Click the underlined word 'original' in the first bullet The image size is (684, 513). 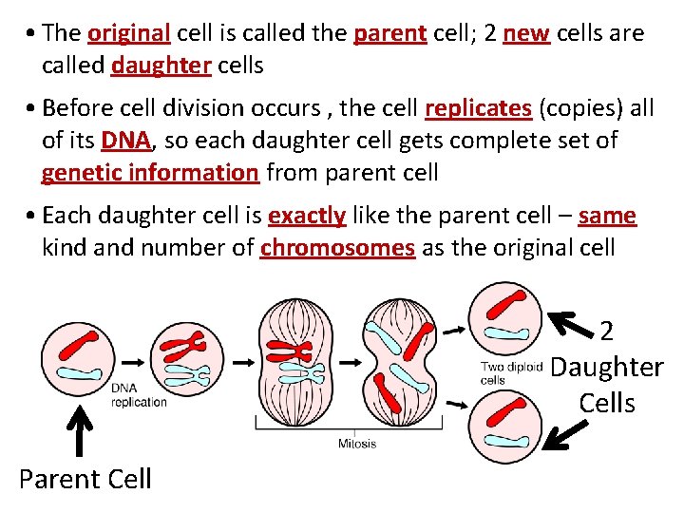[128, 33]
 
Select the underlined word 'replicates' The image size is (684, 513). [478, 108]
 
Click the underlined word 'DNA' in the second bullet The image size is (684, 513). [123, 141]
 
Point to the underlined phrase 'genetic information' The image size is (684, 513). [150, 173]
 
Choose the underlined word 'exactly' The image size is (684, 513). [307, 216]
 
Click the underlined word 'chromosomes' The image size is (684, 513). [337, 248]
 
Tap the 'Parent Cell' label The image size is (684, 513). [85, 478]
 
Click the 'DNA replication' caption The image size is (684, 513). [139, 394]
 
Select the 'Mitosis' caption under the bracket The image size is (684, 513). [356, 444]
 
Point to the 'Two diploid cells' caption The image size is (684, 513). [505, 373]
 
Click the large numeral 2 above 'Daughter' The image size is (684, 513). [607, 331]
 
